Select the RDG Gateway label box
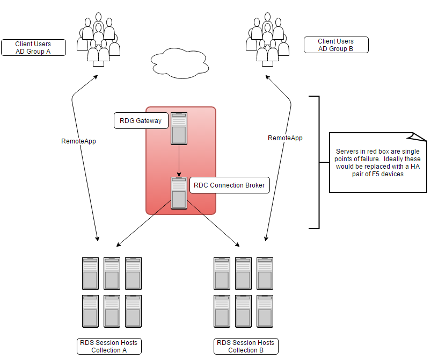coord(141,121)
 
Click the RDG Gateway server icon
coord(179,128)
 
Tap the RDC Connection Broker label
coord(229,185)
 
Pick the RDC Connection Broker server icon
coord(179,193)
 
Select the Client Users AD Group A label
coord(33,47)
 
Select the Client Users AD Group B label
coord(336,45)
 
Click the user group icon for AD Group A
coord(98,40)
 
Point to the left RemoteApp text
coord(79,141)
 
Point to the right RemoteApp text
coord(285,138)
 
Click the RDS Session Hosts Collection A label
coord(109,347)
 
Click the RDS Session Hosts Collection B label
coord(246,347)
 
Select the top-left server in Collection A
coord(90,273)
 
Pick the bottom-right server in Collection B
coord(265,311)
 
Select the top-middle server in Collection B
coord(243,273)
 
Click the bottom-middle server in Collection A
coord(112,311)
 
